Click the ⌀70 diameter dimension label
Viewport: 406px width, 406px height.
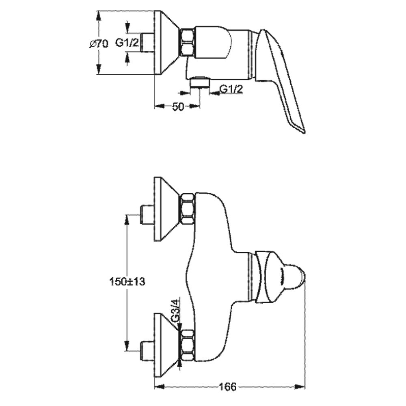click(x=99, y=44)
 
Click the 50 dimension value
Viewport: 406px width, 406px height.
click(x=178, y=107)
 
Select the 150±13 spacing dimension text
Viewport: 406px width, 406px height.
click(x=127, y=281)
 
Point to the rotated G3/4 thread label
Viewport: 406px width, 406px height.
click(x=176, y=311)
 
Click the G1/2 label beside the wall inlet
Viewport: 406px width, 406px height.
click(x=127, y=43)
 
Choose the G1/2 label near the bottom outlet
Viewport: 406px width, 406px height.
click(x=231, y=89)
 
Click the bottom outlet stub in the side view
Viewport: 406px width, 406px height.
click(x=200, y=82)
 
